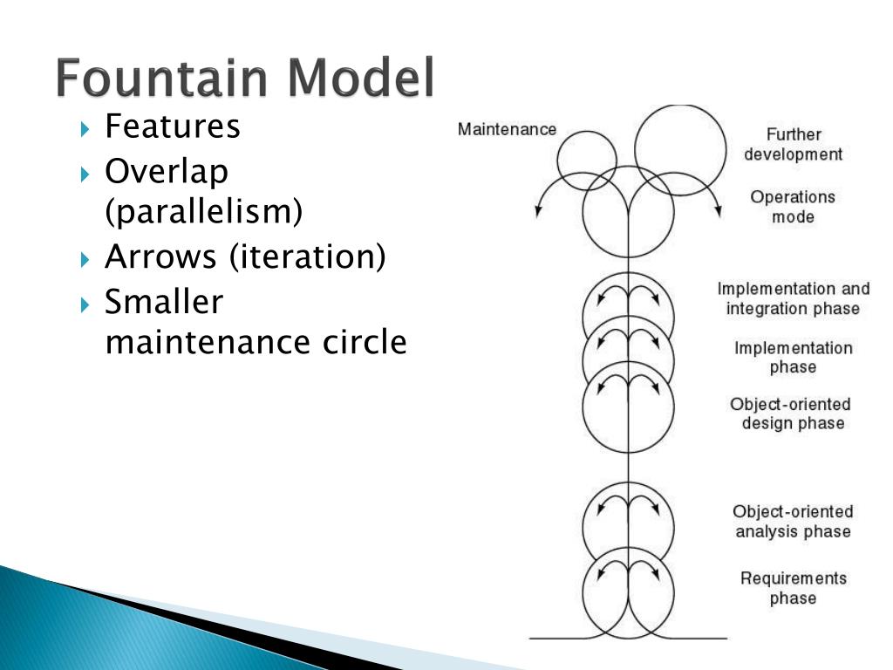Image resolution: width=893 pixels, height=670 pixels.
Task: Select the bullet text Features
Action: [x=172, y=126]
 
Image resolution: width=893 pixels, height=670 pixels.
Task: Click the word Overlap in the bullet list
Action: [x=167, y=171]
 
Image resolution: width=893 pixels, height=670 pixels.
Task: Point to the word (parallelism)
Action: [x=204, y=211]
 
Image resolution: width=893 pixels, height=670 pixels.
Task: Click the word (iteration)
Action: [x=308, y=256]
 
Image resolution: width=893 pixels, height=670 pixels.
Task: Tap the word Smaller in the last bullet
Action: [x=164, y=302]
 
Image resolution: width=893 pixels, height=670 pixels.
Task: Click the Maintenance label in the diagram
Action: [x=507, y=129]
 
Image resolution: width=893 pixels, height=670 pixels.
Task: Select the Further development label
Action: [x=794, y=145]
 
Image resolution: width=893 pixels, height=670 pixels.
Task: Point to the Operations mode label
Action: [x=793, y=207]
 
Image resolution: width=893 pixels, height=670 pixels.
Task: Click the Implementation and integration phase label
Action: [x=794, y=298]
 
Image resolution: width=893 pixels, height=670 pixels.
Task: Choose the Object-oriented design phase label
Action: [x=791, y=414]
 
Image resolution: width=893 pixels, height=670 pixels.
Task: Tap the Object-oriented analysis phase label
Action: [x=793, y=521]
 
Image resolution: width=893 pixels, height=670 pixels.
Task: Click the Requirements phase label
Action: [x=793, y=588]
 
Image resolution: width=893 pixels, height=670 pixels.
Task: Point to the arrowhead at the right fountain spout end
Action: [x=718, y=209]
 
